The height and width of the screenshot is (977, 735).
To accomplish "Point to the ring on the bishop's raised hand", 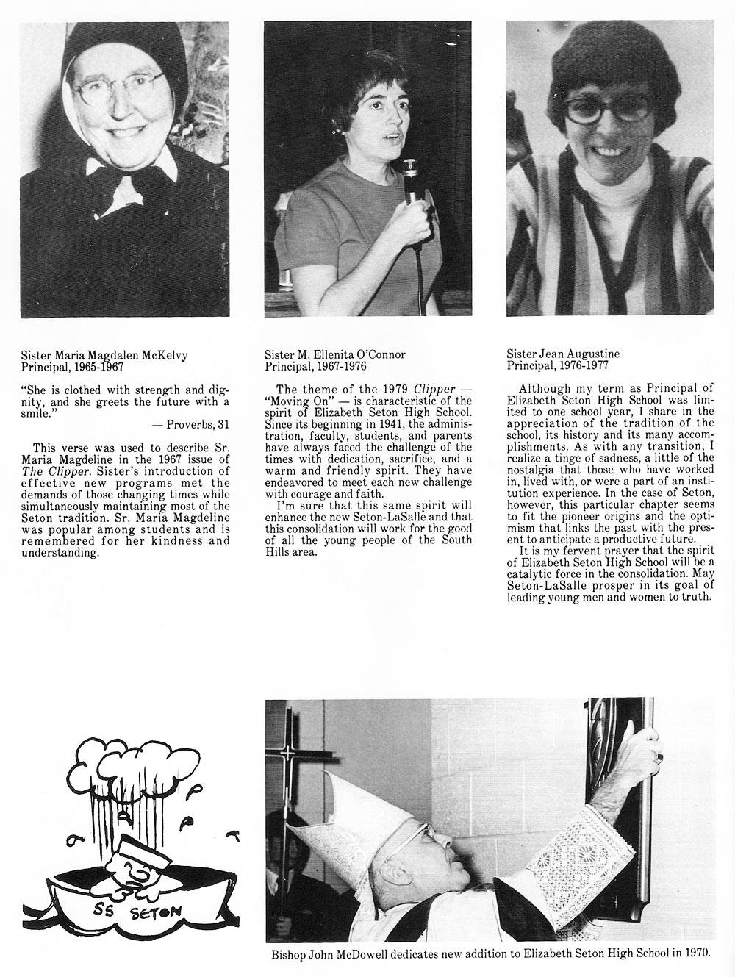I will click(659, 756).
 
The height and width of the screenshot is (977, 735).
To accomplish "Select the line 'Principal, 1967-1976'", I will click(315, 365).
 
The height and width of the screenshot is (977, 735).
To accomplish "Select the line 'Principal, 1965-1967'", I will click(73, 365).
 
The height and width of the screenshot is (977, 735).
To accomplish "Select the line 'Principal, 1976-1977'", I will click(557, 365).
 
